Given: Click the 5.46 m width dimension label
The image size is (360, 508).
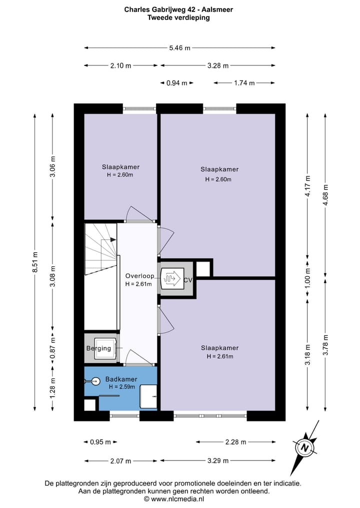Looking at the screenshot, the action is (179, 48).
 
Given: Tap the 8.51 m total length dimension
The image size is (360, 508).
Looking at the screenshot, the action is (35, 262).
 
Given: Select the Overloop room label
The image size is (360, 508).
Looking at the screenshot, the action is (140, 276).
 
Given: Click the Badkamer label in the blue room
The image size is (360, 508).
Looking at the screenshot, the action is (121, 379).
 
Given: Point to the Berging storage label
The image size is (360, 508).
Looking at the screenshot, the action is (98, 349).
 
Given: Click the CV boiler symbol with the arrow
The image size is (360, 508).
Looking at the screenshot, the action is (172, 278).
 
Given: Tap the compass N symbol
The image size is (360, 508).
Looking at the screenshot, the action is (304, 448).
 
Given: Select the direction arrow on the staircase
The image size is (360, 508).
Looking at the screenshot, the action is (108, 240).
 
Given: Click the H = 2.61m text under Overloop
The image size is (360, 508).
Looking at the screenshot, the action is (138, 284).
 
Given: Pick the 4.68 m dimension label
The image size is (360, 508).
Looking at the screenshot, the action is (325, 195).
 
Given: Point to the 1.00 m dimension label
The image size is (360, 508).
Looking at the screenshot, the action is (308, 278).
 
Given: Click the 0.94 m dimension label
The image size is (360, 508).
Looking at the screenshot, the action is (177, 83).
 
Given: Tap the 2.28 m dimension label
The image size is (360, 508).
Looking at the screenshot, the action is (236, 442).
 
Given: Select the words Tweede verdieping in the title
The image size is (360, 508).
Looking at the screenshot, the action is (178, 18).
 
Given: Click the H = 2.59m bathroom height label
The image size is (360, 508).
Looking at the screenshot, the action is (122, 387).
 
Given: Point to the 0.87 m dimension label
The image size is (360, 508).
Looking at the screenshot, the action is (53, 349).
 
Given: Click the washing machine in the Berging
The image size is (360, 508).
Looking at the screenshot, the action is (105, 349).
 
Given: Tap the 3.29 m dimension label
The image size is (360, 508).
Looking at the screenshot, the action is (218, 461).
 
